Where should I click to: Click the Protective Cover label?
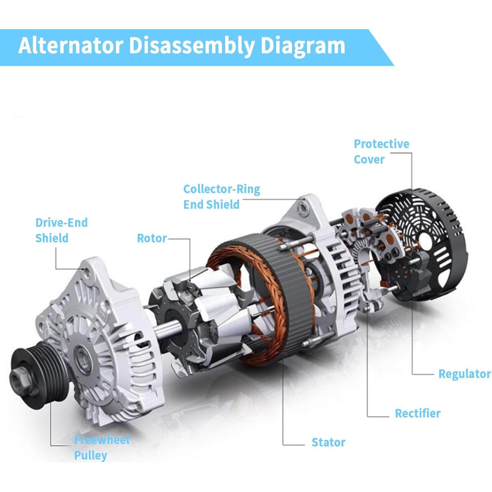tap(381, 152)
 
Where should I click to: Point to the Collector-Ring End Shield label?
tap(221, 196)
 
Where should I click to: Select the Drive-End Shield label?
tap(61, 230)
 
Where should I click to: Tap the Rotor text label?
tap(152, 238)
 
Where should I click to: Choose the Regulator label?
tap(464, 374)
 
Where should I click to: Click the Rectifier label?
tap(417, 413)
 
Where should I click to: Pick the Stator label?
tap(328, 442)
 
